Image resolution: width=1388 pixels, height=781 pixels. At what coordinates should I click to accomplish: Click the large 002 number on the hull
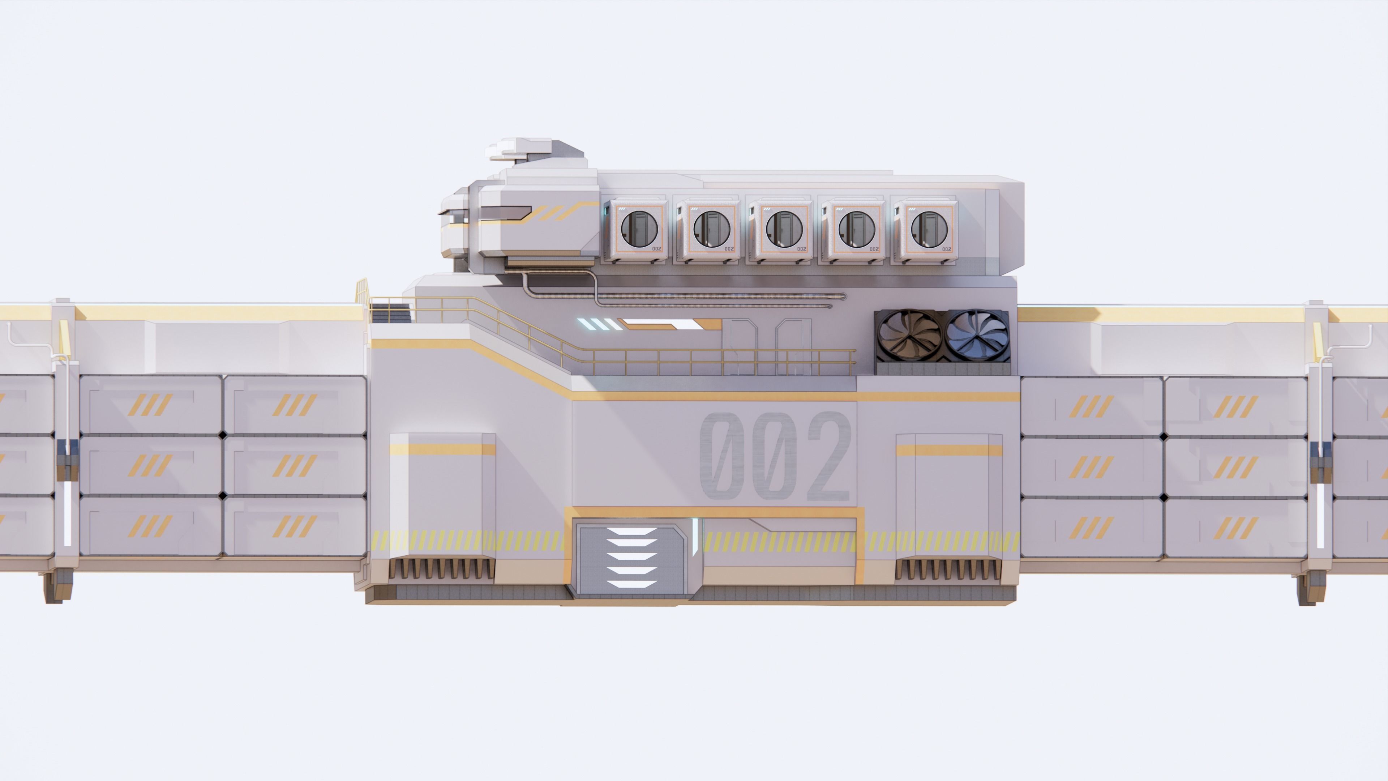click(x=776, y=456)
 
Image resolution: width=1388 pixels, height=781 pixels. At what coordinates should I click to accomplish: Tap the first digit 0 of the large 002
click(x=722, y=456)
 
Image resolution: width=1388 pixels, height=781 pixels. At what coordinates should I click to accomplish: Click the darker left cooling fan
click(x=908, y=335)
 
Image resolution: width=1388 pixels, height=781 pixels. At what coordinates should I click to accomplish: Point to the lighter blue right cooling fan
click(x=977, y=335)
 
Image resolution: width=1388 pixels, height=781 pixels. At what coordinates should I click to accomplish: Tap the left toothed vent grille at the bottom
click(x=441, y=569)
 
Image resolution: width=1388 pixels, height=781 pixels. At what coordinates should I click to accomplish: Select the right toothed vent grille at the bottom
click(x=948, y=569)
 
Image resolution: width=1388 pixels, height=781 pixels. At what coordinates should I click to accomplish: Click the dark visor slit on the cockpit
click(x=504, y=214)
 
